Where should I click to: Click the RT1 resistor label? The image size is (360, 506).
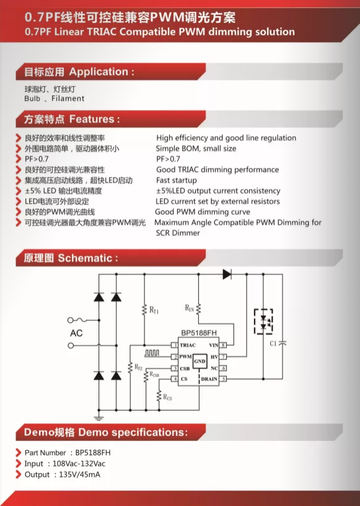[x=154, y=310]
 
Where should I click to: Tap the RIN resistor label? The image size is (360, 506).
[x=190, y=308]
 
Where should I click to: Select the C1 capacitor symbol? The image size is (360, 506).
[x=283, y=343]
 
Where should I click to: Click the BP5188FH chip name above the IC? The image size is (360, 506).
[x=199, y=333]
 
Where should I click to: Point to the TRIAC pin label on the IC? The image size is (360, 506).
[x=188, y=346]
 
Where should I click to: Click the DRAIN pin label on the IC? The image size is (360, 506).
[x=209, y=379]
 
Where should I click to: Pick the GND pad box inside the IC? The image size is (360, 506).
[x=200, y=361]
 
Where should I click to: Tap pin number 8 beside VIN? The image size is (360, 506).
[x=223, y=346]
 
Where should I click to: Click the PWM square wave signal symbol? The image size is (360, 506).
[x=152, y=353]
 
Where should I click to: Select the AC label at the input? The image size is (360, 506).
[x=76, y=333]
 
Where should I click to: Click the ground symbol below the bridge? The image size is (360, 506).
[x=99, y=418]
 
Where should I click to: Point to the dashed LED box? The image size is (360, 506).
[x=263, y=321]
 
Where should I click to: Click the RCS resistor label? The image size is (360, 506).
[x=167, y=397]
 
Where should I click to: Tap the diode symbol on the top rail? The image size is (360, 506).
[x=227, y=274]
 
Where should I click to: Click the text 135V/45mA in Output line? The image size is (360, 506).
[x=80, y=474]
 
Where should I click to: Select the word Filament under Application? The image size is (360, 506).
[x=68, y=98]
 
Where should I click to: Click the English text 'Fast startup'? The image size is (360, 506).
[x=177, y=180]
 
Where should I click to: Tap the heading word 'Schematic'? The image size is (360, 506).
[x=85, y=258]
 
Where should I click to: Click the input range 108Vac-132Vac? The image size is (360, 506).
[x=79, y=463]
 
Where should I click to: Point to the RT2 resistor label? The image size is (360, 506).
[x=138, y=367]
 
